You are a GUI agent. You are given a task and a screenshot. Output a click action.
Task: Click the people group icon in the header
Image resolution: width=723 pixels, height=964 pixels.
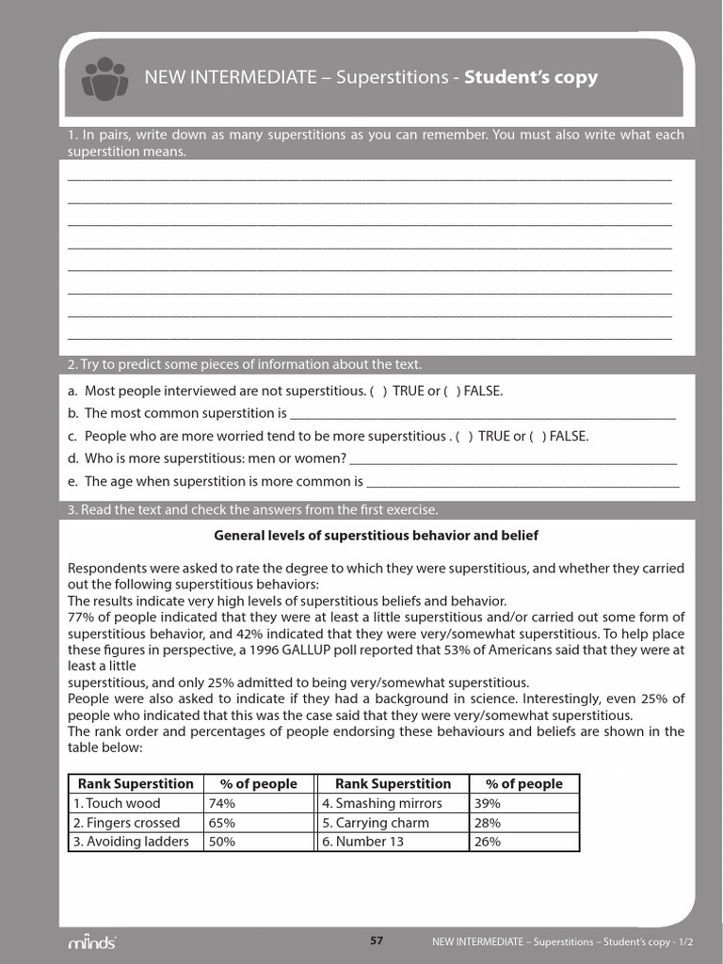coord(104,78)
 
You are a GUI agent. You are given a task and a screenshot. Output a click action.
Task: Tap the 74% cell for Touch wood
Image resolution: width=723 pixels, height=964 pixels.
coord(222,803)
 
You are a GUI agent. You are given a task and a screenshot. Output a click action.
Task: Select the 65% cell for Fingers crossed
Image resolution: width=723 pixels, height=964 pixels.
coord(222,822)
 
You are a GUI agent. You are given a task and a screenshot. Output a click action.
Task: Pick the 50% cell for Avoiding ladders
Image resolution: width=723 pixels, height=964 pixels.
coord(222,842)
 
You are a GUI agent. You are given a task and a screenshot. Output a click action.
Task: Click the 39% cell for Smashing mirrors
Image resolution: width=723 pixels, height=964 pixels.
coord(488,803)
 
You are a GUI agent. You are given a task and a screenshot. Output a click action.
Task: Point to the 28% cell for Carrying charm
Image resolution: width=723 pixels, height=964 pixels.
coord(488,822)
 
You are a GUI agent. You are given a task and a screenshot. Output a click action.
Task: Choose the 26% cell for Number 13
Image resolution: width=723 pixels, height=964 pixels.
coord(488,842)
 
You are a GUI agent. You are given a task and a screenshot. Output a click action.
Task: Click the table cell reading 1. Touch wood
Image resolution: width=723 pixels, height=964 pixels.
coord(117,803)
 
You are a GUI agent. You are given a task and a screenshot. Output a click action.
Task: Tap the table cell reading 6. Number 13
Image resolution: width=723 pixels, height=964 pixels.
coord(363,842)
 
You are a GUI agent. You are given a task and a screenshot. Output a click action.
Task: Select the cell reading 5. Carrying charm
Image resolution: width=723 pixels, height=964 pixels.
coord(375,822)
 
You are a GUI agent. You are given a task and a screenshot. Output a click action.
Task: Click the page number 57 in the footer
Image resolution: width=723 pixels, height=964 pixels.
coord(377,940)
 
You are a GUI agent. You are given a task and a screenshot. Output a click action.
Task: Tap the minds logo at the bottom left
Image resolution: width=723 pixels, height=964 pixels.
coord(91,942)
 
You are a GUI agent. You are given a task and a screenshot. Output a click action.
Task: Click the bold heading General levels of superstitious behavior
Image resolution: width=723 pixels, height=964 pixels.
coord(377,536)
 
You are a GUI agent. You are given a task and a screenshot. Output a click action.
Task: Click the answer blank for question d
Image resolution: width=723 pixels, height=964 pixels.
coord(513,459)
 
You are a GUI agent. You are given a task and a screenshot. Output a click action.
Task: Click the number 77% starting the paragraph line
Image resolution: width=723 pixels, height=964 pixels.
coord(82,617)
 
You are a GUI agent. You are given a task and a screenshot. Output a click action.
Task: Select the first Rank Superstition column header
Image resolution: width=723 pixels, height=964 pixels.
coord(136,783)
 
